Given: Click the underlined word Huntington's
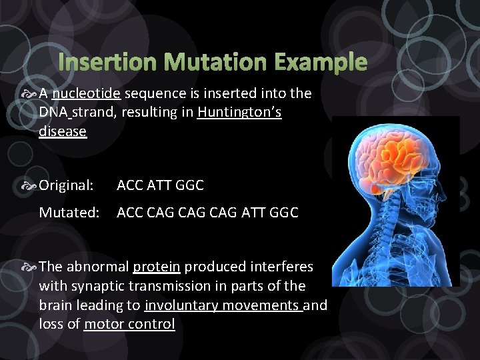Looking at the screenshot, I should click(x=239, y=113).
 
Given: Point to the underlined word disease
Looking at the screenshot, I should click(x=63, y=132).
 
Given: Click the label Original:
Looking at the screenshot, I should click(x=66, y=185).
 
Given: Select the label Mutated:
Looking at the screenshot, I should click(x=69, y=213).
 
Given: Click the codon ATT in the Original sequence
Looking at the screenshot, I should click(x=159, y=185).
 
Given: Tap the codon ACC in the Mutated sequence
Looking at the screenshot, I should click(x=131, y=213).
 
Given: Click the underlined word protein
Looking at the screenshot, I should click(x=157, y=267).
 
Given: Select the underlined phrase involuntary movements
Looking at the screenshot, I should click(x=223, y=305).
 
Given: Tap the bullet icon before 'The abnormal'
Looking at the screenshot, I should click(x=29, y=267).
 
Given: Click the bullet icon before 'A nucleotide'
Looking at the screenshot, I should click(x=29, y=93).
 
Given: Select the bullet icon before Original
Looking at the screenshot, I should click(x=29, y=185).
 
